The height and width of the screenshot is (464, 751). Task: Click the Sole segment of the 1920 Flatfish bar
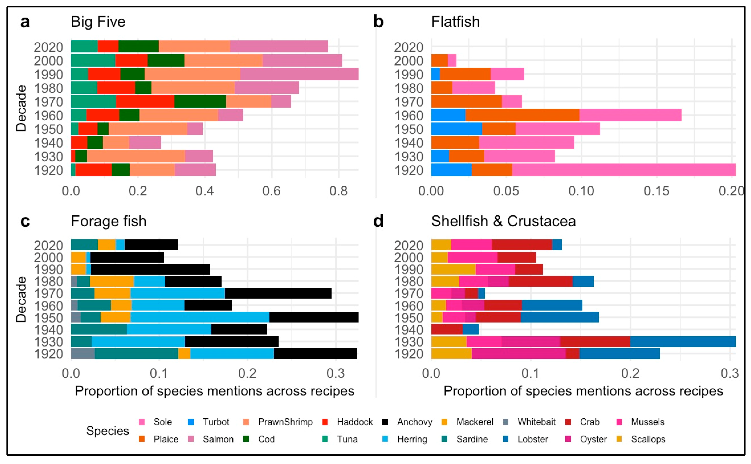pyautogui.click(x=623, y=170)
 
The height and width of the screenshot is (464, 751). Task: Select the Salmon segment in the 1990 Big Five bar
pyautogui.click(x=299, y=74)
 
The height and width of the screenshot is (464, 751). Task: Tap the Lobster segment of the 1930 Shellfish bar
pyautogui.click(x=683, y=342)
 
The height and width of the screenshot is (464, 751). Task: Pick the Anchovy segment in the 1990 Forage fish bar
pyautogui.click(x=150, y=269)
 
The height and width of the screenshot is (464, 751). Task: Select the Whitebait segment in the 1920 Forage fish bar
pyautogui.click(x=83, y=354)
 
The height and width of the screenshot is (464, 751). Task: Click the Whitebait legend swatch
pyautogui.click(x=505, y=422)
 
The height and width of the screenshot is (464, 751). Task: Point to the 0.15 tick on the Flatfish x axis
pyautogui.click(x=656, y=191)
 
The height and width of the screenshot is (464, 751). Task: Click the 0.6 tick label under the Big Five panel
pyautogui.click(x=271, y=191)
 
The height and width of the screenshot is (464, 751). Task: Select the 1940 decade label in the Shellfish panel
pyautogui.click(x=408, y=330)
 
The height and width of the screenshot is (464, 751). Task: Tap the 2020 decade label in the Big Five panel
pyautogui.click(x=49, y=47)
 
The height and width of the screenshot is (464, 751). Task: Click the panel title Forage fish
pyautogui.click(x=109, y=221)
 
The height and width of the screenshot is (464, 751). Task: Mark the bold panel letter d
pyautogui.click(x=378, y=221)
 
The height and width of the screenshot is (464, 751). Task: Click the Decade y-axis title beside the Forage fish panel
pyautogui.click(x=21, y=299)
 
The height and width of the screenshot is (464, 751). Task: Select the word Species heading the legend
pyautogui.click(x=107, y=431)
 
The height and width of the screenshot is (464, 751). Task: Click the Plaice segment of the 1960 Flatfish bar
pyautogui.click(x=522, y=115)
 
